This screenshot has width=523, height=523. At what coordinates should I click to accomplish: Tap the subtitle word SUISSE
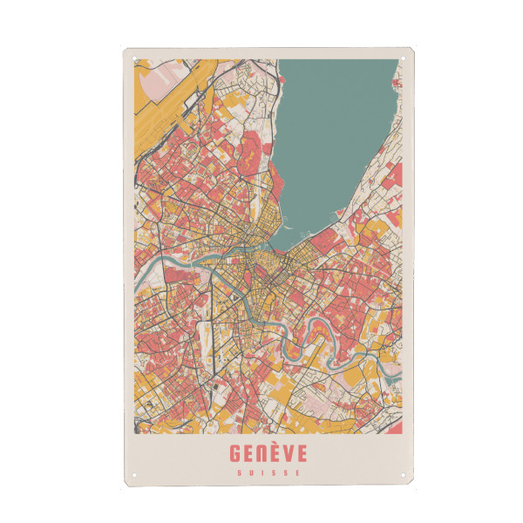(268, 473)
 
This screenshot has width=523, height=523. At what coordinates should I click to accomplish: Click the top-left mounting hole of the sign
(135, 59)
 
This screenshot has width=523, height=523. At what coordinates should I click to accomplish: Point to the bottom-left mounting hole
(135, 477)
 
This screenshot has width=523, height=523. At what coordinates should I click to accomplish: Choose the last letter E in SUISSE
(300, 473)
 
